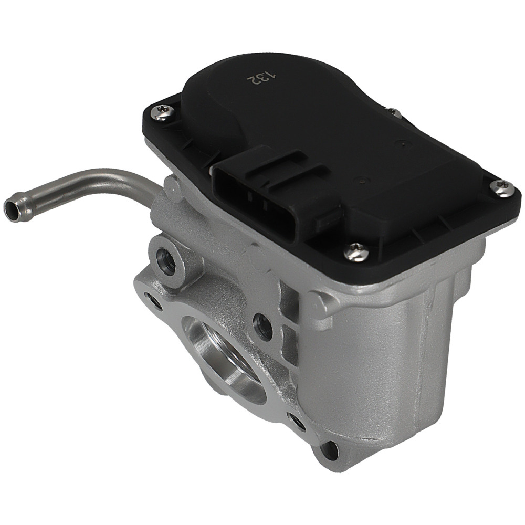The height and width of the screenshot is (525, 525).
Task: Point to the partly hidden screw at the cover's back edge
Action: coord(393,112)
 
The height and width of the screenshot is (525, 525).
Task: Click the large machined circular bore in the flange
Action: coord(223,357)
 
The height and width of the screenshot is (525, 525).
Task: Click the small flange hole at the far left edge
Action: coord(154,301)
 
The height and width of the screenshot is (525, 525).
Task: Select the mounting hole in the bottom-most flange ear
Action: coord(329,448)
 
